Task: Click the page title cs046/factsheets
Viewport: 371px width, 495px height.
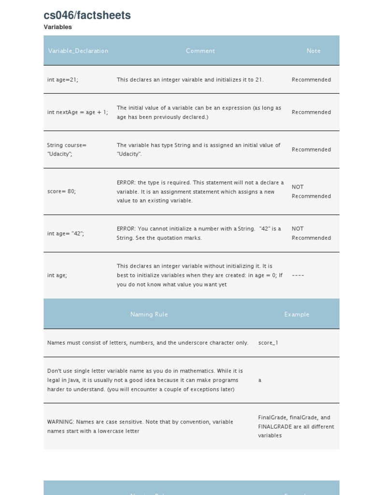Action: point(87,15)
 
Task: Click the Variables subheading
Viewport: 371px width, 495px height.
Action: point(57,27)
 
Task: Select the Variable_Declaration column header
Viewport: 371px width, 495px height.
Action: point(78,51)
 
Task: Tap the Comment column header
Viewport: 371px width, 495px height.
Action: point(200,51)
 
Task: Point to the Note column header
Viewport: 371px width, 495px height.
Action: point(313,51)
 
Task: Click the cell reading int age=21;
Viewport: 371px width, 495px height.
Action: point(62,80)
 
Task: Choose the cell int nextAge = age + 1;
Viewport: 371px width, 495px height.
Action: point(77,112)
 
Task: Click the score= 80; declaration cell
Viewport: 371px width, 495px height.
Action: point(61,191)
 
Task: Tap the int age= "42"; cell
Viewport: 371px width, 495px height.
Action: point(65,233)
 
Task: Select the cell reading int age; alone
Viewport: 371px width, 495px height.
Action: point(57,276)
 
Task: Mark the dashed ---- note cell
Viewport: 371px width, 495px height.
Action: point(298,276)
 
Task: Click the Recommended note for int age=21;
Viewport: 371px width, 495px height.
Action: point(311,80)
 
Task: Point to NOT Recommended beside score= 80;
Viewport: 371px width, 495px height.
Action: point(311,191)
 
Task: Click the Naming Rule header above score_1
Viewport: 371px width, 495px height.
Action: point(149,314)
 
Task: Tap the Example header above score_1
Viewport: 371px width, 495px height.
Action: point(296,314)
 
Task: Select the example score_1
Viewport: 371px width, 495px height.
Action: point(268,343)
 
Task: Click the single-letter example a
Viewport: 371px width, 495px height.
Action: point(260,380)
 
